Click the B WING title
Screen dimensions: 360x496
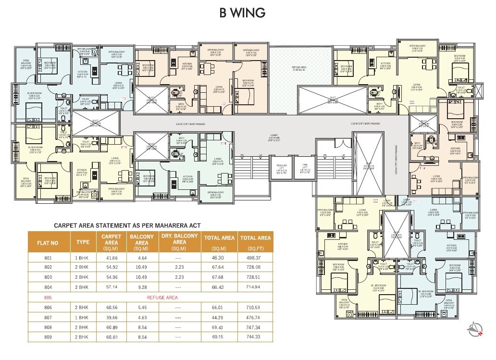(242, 12)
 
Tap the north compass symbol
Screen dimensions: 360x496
(475, 330)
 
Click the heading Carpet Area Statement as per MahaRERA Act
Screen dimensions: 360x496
(127, 225)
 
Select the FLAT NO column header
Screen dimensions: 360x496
(48, 243)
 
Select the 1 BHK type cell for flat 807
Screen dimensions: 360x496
(83, 317)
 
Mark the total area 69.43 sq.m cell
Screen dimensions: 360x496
(219, 327)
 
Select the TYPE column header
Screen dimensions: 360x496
(83, 242)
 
